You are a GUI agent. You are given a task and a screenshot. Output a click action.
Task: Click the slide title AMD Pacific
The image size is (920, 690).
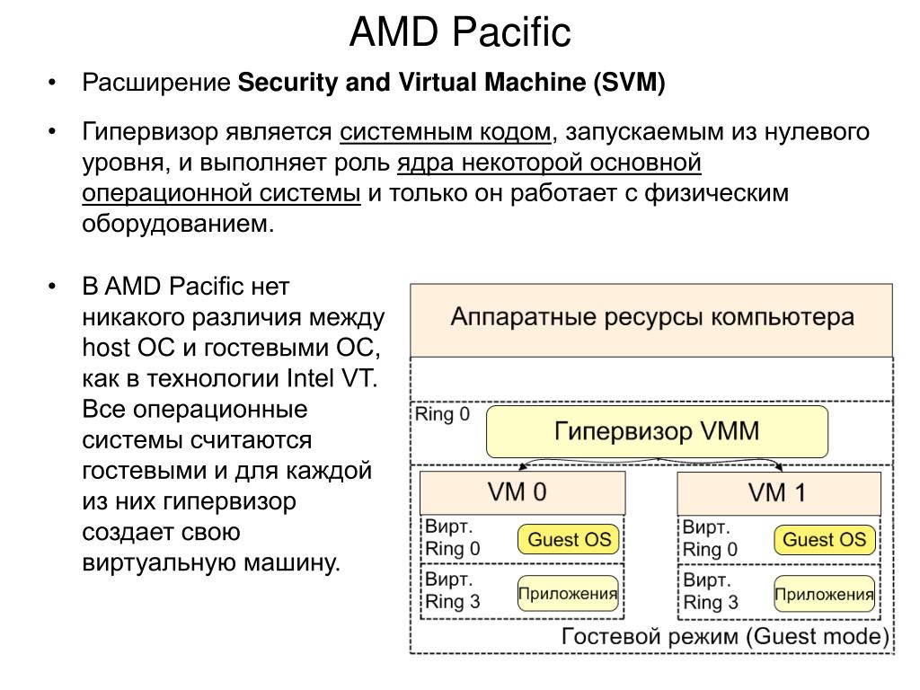459,33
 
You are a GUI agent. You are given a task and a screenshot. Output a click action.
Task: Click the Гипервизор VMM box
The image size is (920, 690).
657,431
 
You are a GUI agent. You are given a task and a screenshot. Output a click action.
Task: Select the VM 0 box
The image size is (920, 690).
522,492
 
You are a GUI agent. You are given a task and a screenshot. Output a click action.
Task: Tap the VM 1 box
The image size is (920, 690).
778,492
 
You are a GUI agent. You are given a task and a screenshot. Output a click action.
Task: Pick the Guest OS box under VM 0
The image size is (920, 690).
568,540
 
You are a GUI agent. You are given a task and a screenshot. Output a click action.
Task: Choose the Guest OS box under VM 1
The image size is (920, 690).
824,540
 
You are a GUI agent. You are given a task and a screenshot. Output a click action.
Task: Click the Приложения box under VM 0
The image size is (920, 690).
568,594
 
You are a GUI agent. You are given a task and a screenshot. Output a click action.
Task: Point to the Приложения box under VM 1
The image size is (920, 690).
824,594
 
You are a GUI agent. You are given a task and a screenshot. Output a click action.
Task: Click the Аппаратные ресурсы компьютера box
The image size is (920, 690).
651,318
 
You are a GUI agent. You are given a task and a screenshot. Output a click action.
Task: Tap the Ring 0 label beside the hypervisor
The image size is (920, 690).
442,416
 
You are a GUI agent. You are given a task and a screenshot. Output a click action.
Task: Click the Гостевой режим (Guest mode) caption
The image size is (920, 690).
725,637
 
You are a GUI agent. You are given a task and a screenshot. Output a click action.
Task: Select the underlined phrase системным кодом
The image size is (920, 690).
446,133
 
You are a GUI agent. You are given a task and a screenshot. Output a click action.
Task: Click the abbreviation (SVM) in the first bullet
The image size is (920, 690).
629,84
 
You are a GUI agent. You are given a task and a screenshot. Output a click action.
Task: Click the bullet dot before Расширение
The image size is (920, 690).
53,84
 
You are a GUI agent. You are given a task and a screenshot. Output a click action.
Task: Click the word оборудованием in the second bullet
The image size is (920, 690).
176,224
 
